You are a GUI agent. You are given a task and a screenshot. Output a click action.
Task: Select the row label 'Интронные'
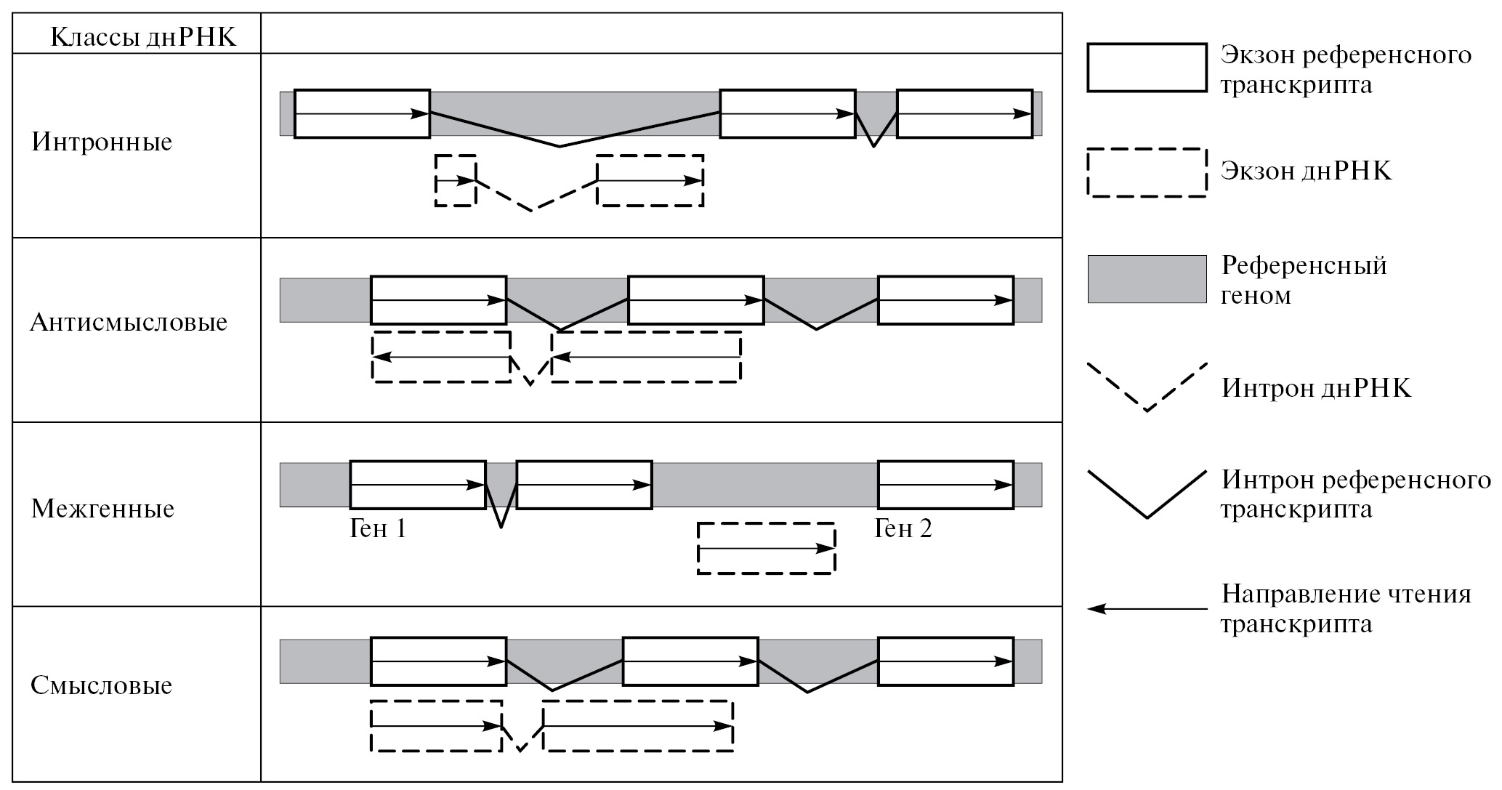click(x=102, y=141)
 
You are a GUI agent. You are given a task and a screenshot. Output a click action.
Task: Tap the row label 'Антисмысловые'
click(x=129, y=322)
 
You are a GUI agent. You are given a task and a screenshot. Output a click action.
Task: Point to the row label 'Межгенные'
click(x=102, y=509)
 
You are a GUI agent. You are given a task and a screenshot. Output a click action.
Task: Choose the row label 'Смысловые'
click(x=101, y=685)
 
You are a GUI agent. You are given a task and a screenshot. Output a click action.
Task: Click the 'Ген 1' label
click(x=377, y=528)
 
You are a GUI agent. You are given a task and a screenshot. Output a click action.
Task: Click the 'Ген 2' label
click(x=903, y=528)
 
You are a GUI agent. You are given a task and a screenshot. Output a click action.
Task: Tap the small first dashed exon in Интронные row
click(x=456, y=180)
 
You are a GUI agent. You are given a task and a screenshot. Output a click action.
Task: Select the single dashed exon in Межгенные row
click(x=766, y=548)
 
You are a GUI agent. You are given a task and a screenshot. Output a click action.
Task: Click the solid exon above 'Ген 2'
click(x=945, y=484)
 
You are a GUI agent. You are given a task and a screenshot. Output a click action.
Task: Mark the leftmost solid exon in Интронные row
click(x=362, y=113)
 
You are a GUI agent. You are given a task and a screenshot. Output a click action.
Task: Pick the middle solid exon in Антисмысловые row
click(x=695, y=299)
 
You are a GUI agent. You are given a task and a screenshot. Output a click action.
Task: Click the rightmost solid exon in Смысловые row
click(x=945, y=661)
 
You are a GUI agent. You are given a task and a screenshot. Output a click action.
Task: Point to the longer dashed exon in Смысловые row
click(x=638, y=726)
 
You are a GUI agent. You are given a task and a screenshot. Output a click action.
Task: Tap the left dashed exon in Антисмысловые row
click(x=441, y=357)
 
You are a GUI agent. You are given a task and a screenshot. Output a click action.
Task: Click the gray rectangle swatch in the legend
click(x=1147, y=278)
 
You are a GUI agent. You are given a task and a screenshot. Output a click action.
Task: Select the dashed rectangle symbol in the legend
click(x=1147, y=172)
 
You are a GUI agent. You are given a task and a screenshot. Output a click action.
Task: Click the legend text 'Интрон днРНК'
click(x=1316, y=388)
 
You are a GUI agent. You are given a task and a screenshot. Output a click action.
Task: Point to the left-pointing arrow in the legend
click(x=1147, y=609)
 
